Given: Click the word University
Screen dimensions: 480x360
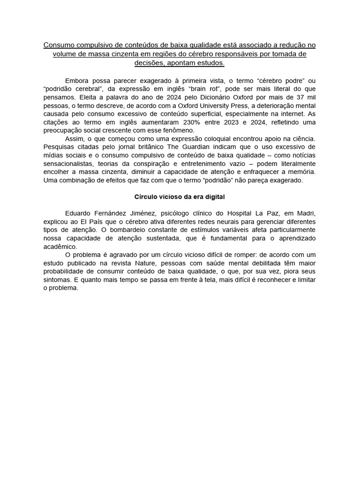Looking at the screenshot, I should [225, 105].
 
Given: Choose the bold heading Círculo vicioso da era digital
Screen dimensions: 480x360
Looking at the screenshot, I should [180, 197].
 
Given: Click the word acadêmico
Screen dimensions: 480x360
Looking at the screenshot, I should [60, 247].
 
